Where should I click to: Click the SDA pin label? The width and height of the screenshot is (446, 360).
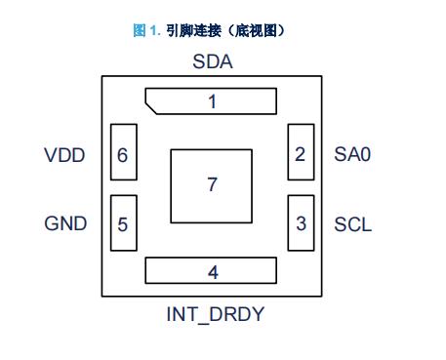pos(213,61)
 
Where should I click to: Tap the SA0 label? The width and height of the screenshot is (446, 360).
pos(352,154)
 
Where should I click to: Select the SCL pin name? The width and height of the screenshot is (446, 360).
pos(353,224)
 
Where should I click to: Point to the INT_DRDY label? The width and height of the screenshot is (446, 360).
pos(216,314)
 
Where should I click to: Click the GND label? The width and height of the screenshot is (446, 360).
pos(65,223)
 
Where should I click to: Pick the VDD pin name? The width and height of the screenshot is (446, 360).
pos(64,155)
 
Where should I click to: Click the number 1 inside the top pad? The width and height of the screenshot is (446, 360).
pos(213,101)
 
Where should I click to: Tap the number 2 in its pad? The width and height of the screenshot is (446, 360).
pos(301,154)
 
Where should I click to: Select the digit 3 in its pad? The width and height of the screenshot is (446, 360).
pos(302,223)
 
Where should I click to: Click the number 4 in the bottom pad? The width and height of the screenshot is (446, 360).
pos(213,272)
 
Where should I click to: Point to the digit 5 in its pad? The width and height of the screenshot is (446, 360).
pos(123,224)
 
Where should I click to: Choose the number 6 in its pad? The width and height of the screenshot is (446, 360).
pos(123,155)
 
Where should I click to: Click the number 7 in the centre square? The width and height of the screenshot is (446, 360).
pos(212,184)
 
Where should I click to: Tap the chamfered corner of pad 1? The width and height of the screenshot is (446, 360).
pos(151,108)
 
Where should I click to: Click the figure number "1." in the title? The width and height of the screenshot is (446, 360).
pos(155,30)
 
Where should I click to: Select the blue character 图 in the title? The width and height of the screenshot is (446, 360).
pos(140,30)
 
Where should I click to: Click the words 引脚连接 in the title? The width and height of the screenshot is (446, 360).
pos(194,30)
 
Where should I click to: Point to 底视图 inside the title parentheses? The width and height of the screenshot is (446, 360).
pos(257,30)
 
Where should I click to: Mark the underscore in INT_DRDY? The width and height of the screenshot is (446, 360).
pos(203,323)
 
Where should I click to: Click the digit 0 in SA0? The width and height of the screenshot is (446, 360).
pos(366,154)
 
